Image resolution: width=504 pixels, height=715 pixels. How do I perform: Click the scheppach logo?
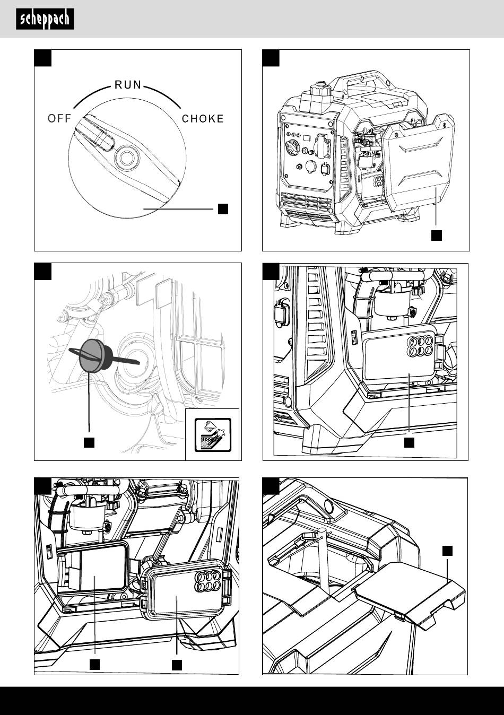tap(45, 19)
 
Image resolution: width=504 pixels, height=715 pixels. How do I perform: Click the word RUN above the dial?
tap(128, 85)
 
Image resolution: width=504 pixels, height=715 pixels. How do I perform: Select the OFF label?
tap(59, 119)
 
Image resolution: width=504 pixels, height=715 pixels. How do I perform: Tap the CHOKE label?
tap(203, 119)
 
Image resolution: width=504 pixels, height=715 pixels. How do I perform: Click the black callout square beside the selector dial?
tap(223, 208)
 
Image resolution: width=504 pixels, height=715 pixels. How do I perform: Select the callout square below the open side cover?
tap(436, 235)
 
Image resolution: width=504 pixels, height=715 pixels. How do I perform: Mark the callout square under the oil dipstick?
tap(89, 442)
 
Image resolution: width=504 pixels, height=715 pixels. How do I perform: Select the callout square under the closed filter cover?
tap(409, 442)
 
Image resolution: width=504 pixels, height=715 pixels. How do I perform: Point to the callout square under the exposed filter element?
tap(94, 664)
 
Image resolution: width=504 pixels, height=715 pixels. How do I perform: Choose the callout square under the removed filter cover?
tap(177, 664)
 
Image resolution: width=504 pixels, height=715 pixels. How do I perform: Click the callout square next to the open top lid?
tap(448, 551)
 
